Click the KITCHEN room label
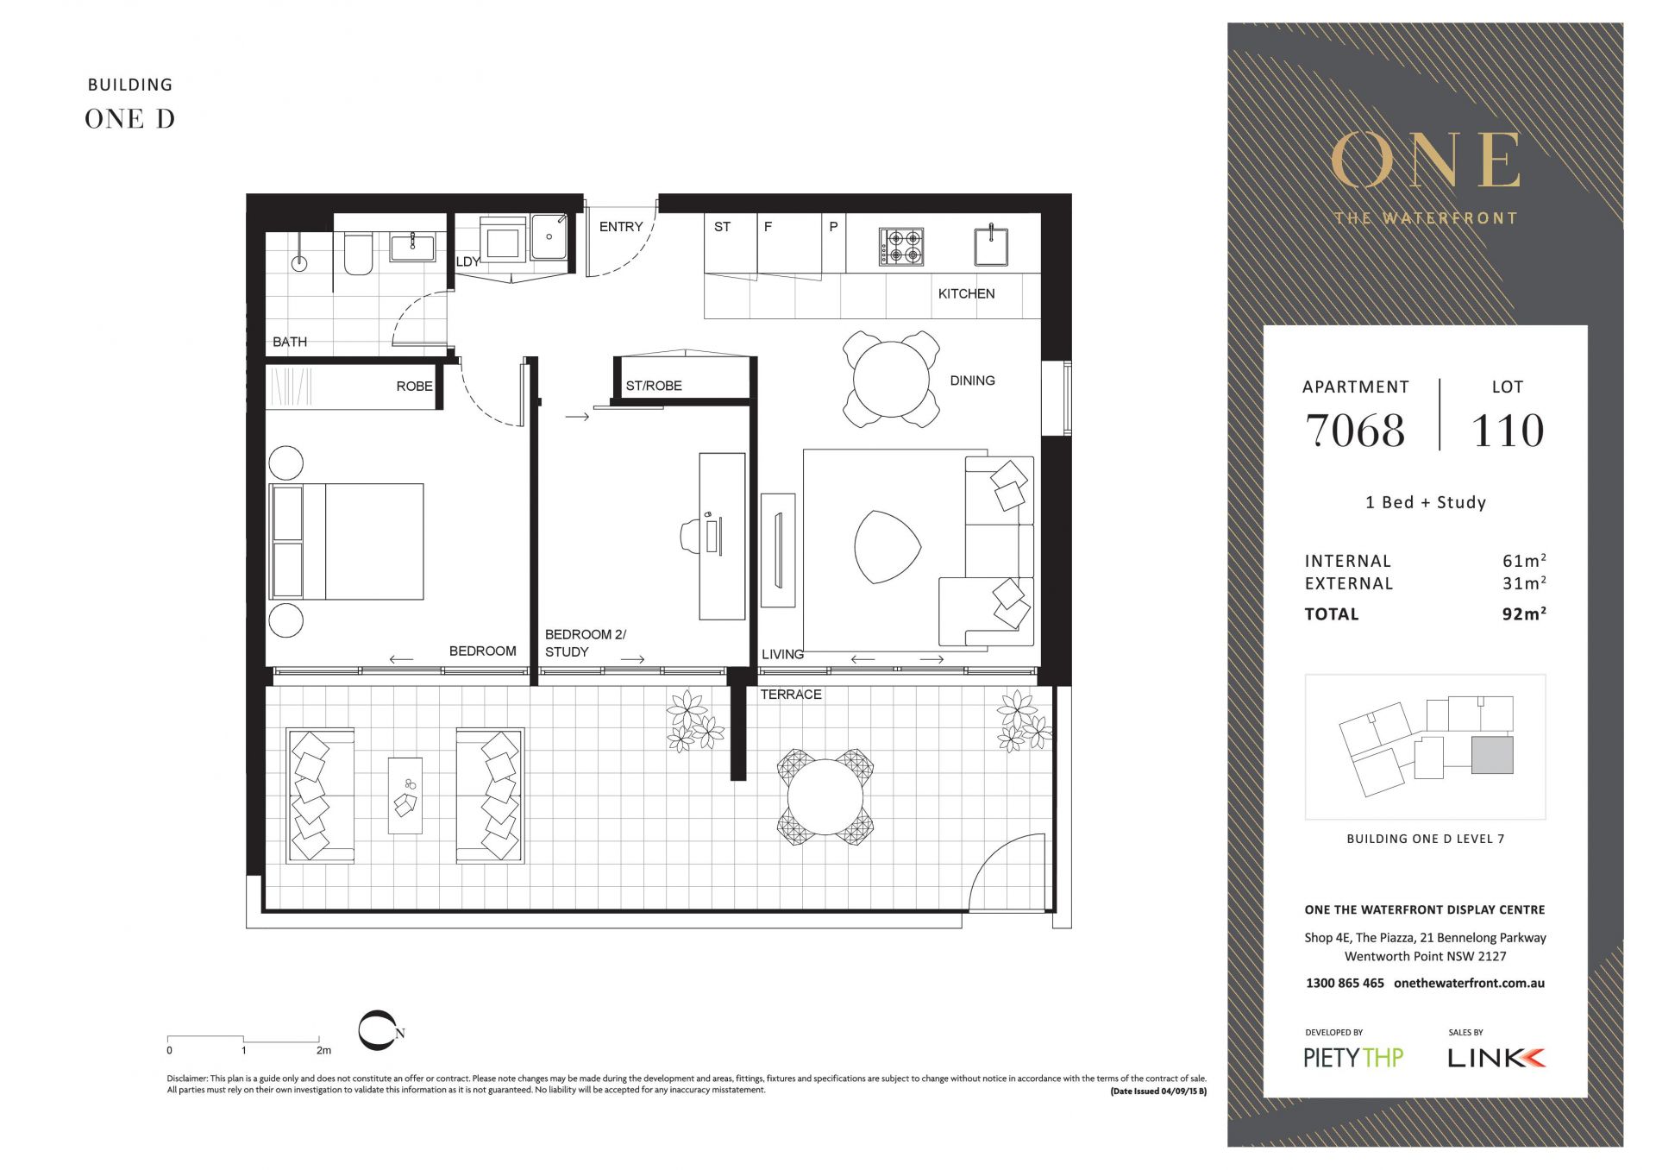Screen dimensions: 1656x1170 (966, 293)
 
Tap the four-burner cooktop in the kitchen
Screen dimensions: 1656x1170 (901, 247)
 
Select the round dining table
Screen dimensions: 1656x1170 (891, 380)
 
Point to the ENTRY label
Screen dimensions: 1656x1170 (621, 227)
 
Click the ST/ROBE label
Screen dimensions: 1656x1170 (654, 386)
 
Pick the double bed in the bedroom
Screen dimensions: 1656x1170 (347, 542)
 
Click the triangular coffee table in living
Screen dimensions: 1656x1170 (887, 547)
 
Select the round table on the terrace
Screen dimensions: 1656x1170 (825, 797)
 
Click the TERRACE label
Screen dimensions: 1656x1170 (791, 695)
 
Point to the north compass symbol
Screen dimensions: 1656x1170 (380, 1031)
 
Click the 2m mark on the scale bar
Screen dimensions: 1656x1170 (323, 1050)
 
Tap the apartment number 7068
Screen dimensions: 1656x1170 (1355, 431)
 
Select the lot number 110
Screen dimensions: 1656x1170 (1508, 431)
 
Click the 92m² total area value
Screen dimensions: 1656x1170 (1524, 613)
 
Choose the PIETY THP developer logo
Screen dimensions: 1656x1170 (1353, 1058)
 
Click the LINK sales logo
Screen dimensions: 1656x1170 (1496, 1058)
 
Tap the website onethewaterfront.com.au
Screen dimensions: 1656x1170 (1469, 983)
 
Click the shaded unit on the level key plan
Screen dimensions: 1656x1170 (1492, 755)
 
